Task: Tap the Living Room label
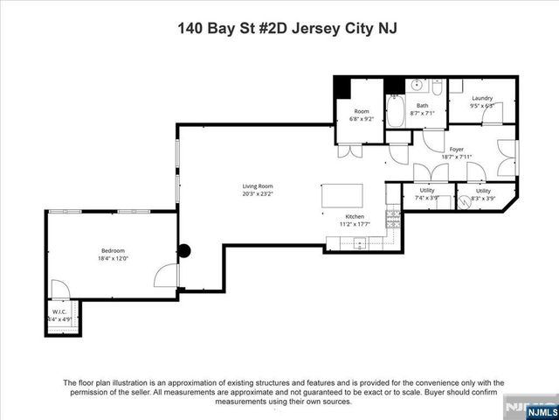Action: [x=258, y=185]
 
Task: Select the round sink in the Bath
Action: [x=416, y=87]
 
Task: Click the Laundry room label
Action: [x=482, y=98]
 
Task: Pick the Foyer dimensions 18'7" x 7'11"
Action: [x=456, y=157]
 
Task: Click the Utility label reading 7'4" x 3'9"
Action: [x=427, y=198]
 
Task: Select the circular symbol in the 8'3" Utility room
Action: [x=463, y=200]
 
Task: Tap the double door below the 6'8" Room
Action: [x=355, y=150]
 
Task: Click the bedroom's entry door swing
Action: [x=164, y=276]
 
